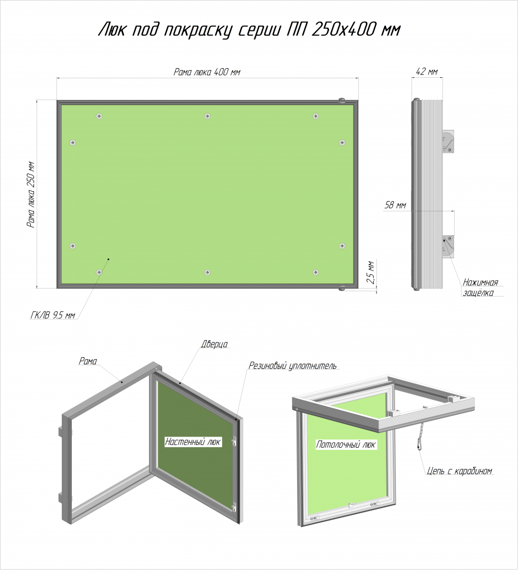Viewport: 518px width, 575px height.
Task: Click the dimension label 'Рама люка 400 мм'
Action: pyautogui.click(x=207, y=72)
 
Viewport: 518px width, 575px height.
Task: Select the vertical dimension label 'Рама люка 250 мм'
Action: pyautogui.click(x=31, y=194)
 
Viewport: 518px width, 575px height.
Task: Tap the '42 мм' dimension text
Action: pyautogui.click(x=426, y=71)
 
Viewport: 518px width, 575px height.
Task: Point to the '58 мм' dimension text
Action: pyautogui.click(x=395, y=205)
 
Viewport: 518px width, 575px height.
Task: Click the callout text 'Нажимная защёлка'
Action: pyautogui.click(x=480, y=287)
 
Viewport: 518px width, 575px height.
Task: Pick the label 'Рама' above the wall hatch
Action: pyautogui.click(x=88, y=361)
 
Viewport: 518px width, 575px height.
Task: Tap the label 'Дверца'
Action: pyautogui.click(x=215, y=344)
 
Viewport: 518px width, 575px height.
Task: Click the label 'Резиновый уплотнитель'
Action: pyautogui.click(x=292, y=366)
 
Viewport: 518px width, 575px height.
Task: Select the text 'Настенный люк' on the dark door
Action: pyautogui.click(x=193, y=441)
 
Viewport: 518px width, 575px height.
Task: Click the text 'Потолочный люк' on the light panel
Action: pyautogui.click(x=346, y=445)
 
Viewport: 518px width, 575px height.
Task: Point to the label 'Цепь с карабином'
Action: pyautogui.click(x=459, y=471)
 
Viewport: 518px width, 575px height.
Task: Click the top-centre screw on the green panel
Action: pyautogui.click(x=208, y=116)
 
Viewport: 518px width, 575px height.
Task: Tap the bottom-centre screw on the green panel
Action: pyautogui.click(x=208, y=273)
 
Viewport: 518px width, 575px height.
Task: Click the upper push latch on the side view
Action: pyautogui.click(x=448, y=142)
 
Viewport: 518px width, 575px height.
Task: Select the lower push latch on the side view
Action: pyautogui.click(x=448, y=246)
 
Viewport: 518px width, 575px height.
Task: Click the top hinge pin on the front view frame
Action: pyautogui.click(x=342, y=99)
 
